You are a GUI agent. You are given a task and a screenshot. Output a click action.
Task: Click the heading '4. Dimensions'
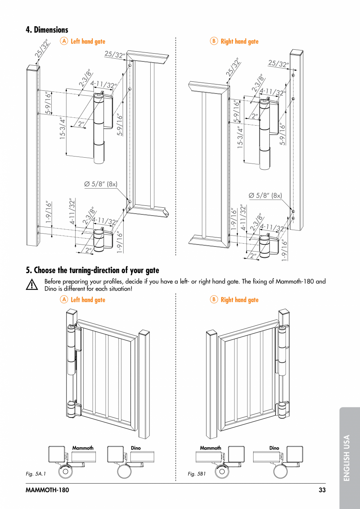coord(47,30)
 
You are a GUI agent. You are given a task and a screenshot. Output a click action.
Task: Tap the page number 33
coord(322,490)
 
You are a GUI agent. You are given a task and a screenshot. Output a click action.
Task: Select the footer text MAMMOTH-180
coord(47,490)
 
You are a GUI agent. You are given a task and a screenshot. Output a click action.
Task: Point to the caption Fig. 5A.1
coord(36,474)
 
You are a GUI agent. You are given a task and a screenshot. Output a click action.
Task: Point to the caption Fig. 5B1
coord(197,474)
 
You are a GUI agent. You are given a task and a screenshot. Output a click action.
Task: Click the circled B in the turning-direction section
coord(214,300)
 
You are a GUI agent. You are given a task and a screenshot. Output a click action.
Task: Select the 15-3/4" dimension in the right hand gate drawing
coord(240,137)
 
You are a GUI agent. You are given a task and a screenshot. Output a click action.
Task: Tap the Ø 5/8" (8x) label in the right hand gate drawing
coord(265,195)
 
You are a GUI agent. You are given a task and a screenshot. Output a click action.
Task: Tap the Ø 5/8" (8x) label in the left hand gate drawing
coord(101,184)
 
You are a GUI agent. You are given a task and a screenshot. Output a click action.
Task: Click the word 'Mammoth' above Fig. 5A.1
coord(83,448)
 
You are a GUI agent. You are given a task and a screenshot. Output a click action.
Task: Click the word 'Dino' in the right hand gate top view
coord(274,448)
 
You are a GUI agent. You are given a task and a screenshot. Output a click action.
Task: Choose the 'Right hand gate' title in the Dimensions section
coord(239,41)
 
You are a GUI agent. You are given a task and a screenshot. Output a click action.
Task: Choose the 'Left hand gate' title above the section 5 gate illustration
coord(88,300)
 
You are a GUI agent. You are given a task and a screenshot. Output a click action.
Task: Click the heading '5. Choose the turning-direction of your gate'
coord(92,270)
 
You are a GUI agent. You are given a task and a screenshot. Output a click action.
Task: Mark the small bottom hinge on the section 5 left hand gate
coord(71,409)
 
